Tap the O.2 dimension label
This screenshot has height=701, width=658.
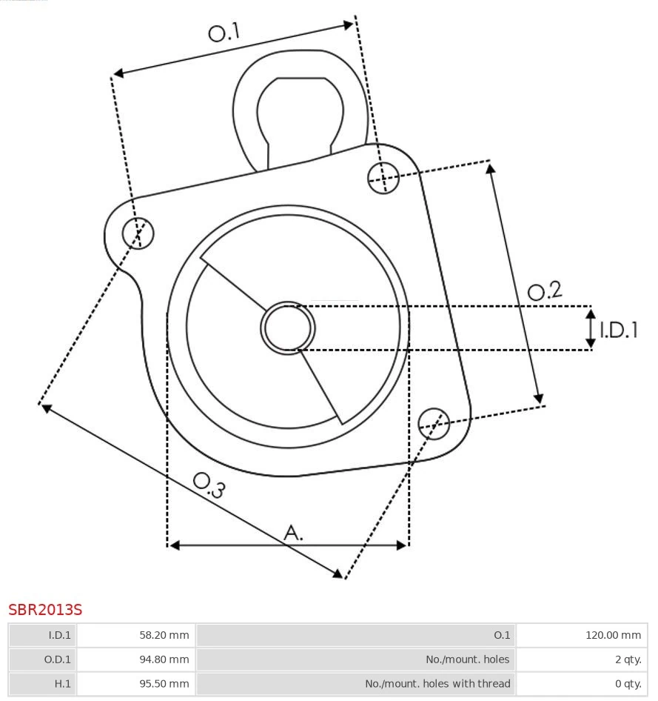(x=545, y=291)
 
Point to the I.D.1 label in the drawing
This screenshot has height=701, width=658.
(x=618, y=330)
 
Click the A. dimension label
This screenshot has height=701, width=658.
(x=294, y=532)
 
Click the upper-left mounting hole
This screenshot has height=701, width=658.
(x=138, y=233)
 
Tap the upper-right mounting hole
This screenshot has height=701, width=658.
(x=384, y=177)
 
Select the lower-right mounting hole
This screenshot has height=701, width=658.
(x=434, y=422)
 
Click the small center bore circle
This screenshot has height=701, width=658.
(x=288, y=328)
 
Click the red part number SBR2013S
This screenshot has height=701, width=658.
(x=45, y=610)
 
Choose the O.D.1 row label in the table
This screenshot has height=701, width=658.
(x=43, y=660)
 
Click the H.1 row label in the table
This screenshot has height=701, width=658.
(x=43, y=684)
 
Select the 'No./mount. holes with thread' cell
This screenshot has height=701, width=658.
(x=356, y=684)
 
